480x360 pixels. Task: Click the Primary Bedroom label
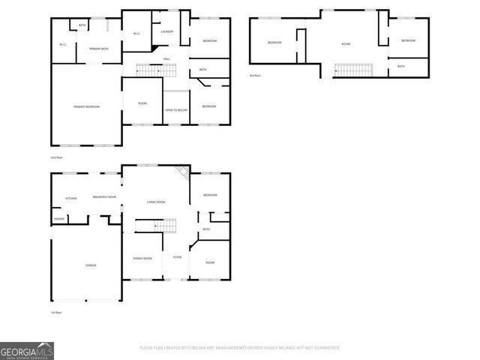pos(86,107)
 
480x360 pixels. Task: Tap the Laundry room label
pos(166,31)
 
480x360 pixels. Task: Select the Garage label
pos(90,265)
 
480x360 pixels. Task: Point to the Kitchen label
pos(70,198)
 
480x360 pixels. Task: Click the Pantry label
pos(58,219)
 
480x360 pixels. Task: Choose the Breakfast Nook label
pos(104,197)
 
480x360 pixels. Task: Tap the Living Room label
pos(155,202)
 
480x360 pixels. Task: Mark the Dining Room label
pos(142,259)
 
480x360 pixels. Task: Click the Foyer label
pos(177,258)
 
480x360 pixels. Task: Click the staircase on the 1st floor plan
pos(165,226)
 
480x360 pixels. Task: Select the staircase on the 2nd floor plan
pos(148,70)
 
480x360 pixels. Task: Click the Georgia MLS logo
pos(27,350)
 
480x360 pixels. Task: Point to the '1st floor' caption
pos(56,312)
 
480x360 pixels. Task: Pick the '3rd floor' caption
pos(256,76)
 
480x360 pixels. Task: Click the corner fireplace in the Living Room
pos(181,172)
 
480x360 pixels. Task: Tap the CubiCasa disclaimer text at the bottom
pos(240,348)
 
